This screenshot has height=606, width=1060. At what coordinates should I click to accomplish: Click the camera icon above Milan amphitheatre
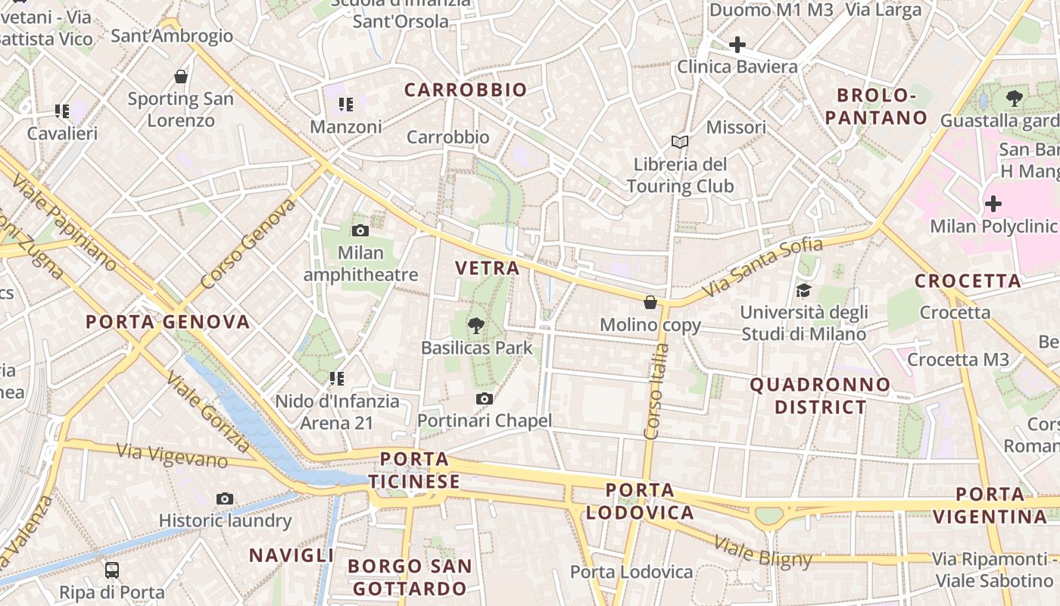click(360, 230)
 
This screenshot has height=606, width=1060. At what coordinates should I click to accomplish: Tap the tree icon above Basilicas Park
click(475, 326)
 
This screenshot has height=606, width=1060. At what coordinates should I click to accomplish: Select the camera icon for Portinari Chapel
click(485, 398)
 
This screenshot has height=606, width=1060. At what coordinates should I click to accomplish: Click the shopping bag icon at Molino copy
click(650, 302)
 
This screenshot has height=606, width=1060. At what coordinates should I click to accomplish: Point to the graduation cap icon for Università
click(803, 290)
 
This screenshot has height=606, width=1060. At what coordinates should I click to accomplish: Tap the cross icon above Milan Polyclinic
click(993, 204)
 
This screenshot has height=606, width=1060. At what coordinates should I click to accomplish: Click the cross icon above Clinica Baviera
click(737, 45)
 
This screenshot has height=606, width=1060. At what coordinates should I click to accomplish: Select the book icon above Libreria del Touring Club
click(680, 142)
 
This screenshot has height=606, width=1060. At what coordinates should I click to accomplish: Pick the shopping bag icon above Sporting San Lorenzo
click(180, 77)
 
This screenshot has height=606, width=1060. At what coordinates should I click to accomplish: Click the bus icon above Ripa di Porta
click(111, 570)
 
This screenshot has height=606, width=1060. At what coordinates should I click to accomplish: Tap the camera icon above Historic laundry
click(224, 498)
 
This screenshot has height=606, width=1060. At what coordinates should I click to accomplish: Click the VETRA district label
click(488, 267)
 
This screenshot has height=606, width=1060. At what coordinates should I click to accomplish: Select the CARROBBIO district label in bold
click(465, 90)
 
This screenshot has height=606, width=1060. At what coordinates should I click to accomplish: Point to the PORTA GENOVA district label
click(167, 322)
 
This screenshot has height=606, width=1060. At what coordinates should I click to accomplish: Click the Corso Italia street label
click(656, 391)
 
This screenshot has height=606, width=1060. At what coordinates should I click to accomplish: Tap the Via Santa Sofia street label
click(762, 267)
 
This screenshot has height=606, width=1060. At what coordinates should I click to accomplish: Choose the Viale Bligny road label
click(763, 551)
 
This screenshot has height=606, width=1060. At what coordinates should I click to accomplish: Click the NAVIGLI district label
click(291, 555)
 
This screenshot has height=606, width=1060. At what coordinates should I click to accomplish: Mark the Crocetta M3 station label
click(958, 360)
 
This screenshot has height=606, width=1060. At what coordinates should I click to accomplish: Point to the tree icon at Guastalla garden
click(1014, 98)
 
